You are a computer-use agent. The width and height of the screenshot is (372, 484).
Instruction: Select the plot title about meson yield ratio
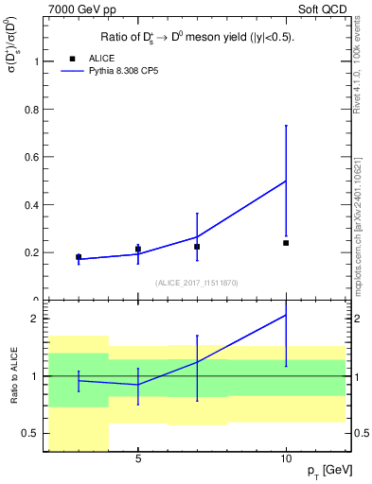point(197,38)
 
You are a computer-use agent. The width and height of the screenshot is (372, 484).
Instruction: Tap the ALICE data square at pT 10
point(286,243)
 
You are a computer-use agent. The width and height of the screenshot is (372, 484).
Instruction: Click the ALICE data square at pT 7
point(197,247)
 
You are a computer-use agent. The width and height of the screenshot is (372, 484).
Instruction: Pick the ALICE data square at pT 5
point(138,250)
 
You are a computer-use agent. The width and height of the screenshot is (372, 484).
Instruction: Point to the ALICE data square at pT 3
point(79,257)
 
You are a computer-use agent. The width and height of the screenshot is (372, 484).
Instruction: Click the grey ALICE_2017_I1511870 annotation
point(197,282)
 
